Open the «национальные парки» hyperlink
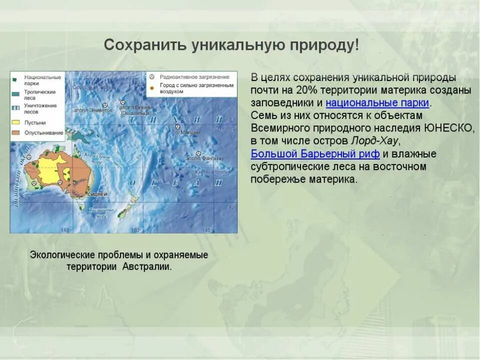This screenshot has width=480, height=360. coord(377,103)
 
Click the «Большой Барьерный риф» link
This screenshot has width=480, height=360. coord(315,153)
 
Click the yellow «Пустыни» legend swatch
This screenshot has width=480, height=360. coord(15,122)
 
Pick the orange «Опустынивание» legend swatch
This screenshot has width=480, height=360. coord(15,133)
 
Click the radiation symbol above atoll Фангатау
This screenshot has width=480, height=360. coord(198,153)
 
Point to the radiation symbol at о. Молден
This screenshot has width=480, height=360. coord(177,127)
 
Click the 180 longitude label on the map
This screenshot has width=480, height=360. coord(134,230)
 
